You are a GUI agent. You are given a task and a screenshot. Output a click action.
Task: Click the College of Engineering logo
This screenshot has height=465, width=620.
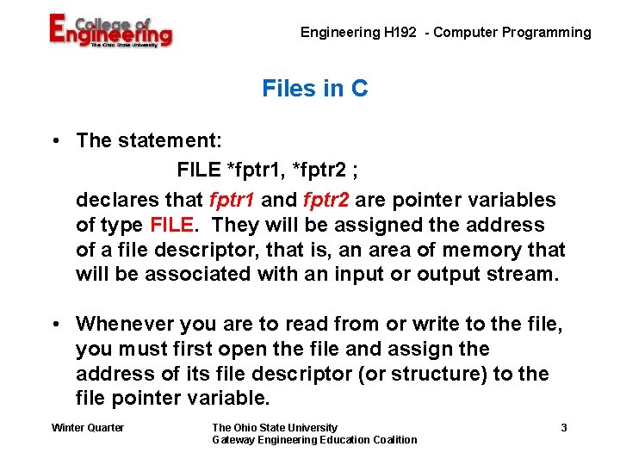point(110,32)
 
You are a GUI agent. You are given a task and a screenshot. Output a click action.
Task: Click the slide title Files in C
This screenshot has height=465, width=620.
point(314,88)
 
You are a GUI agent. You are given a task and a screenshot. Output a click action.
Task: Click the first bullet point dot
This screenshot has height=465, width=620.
point(54,140)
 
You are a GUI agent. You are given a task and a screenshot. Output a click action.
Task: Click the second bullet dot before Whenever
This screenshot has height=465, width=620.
point(54,325)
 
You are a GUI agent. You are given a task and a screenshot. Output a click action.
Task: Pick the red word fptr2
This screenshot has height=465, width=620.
point(326,201)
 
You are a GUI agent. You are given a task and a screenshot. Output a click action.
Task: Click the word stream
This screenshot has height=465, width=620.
point(528,276)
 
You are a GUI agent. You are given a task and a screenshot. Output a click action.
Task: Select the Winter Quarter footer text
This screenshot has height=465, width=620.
point(88,428)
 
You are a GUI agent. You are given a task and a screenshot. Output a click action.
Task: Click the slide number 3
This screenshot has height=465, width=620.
point(563,428)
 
